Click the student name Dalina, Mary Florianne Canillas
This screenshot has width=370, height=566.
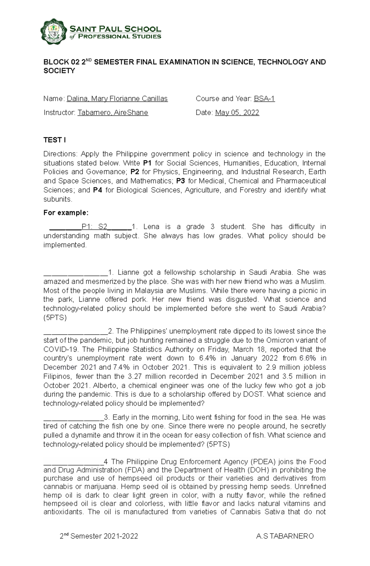117,99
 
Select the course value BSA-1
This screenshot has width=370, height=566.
264,99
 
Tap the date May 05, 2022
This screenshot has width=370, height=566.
237,113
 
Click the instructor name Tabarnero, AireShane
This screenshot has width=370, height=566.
113,113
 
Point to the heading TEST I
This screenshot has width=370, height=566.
55,140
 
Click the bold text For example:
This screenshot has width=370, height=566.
66,213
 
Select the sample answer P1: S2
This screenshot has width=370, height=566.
94,227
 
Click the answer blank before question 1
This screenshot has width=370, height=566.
76,273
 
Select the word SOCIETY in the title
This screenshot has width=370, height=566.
59,71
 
